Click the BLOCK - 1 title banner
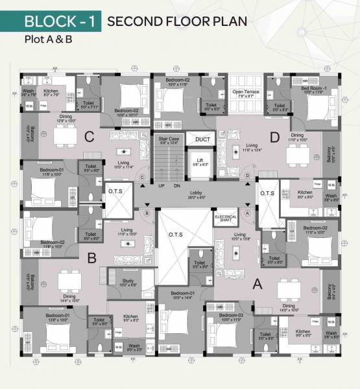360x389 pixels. click(x=60, y=21)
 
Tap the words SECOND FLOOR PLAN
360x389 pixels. click(x=177, y=21)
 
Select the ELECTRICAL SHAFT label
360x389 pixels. click(x=227, y=218)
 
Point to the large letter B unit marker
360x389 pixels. click(x=92, y=257)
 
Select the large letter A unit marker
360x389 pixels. click(x=256, y=283)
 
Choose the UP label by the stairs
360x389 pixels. click(x=162, y=186)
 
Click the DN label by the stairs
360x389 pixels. click(x=177, y=186)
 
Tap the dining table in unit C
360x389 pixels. click(x=65, y=136)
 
